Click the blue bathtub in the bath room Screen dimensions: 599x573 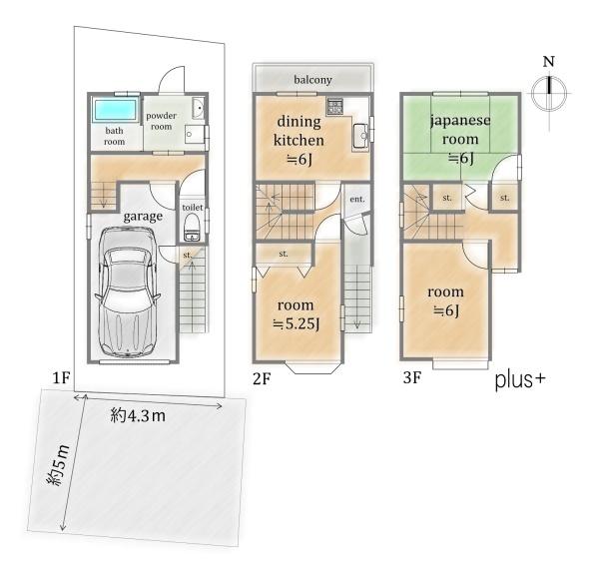(x=115, y=110)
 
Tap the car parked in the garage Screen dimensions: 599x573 (x=127, y=292)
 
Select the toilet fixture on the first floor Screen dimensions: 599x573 (x=191, y=228)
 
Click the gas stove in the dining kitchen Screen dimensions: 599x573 (x=334, y=106)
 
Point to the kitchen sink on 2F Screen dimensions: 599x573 (x=360, y=136)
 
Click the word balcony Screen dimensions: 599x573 (x=312, y=80)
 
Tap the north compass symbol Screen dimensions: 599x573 (x=549, y=93)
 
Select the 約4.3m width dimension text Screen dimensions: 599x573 (x=138, y=415)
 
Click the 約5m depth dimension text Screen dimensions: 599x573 (x=58, y=465)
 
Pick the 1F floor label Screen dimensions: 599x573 (x=61, y=377)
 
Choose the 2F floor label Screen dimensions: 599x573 (x=262, y=379)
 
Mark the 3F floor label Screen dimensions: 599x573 (x=412, y=377)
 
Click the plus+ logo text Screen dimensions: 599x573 (x=520, y=380)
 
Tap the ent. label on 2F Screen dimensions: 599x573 (x=357, y=199)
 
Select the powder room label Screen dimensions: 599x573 (x=161, y=121)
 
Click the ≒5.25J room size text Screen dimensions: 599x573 (x=297, y=324)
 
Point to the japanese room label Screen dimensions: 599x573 (x=460, y=130)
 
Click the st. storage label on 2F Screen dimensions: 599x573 (x=284, y=254)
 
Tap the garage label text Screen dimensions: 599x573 (x=143, y=217)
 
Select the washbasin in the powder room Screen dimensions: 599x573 (x=198, y=108)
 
